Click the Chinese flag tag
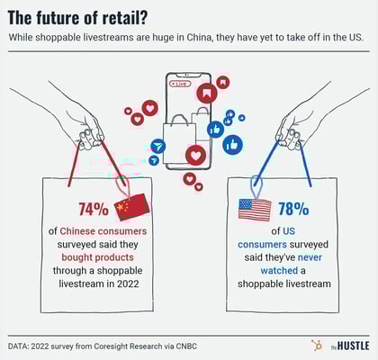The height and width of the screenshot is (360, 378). click(131, 209)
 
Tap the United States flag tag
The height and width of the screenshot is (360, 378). click(254, 210)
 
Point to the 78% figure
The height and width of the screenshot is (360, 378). click(293, 210)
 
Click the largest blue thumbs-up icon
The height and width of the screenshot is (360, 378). click(232, 143)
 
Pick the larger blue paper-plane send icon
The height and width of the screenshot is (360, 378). click(158, 146)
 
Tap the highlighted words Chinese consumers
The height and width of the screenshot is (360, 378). click(99, 231)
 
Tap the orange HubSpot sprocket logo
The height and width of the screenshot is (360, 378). click(317, 345)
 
